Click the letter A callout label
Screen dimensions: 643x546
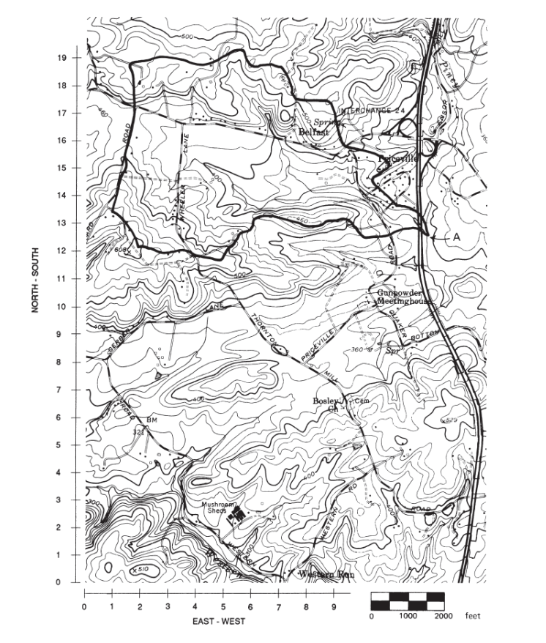point(457,237)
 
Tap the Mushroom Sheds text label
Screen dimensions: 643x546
point(222,506)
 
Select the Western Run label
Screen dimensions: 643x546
point(327,574)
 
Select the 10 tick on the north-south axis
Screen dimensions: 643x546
point(62,306)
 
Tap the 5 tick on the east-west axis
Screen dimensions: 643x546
point(223,606)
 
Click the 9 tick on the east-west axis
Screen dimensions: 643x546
point(334,606)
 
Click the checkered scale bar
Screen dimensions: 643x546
point(408,601)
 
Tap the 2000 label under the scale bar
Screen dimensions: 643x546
point(444,617)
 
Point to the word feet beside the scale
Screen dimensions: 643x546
point(473,617)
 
